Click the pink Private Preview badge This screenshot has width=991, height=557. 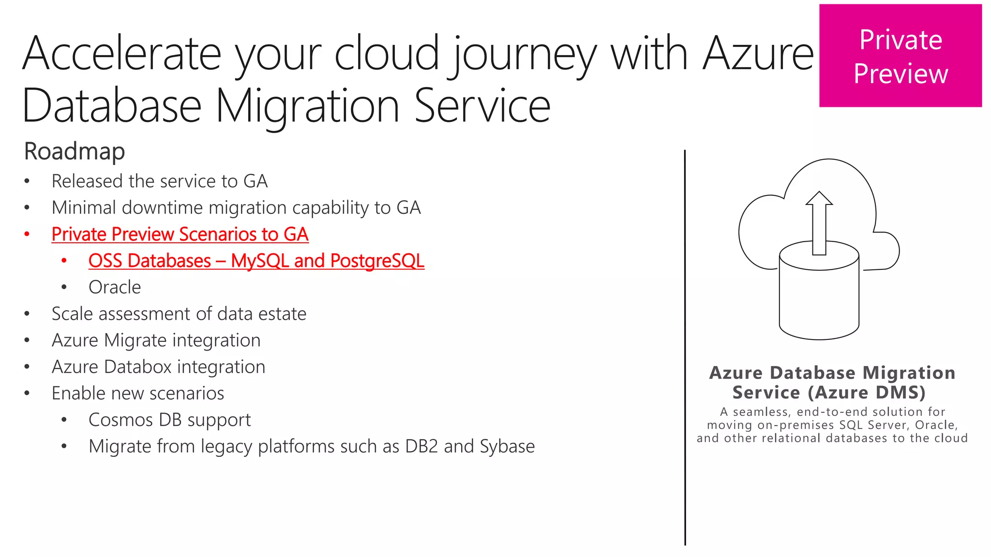point(900,56)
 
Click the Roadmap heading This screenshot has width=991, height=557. point(75,151)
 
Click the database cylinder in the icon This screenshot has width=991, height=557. point(819,300)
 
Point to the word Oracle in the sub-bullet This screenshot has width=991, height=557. point(115,287)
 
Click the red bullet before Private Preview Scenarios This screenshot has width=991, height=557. point(27,235)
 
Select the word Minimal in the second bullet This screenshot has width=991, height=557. point(84,208)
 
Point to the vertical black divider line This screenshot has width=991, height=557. point(685,348)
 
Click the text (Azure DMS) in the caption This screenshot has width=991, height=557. point(867,392)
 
